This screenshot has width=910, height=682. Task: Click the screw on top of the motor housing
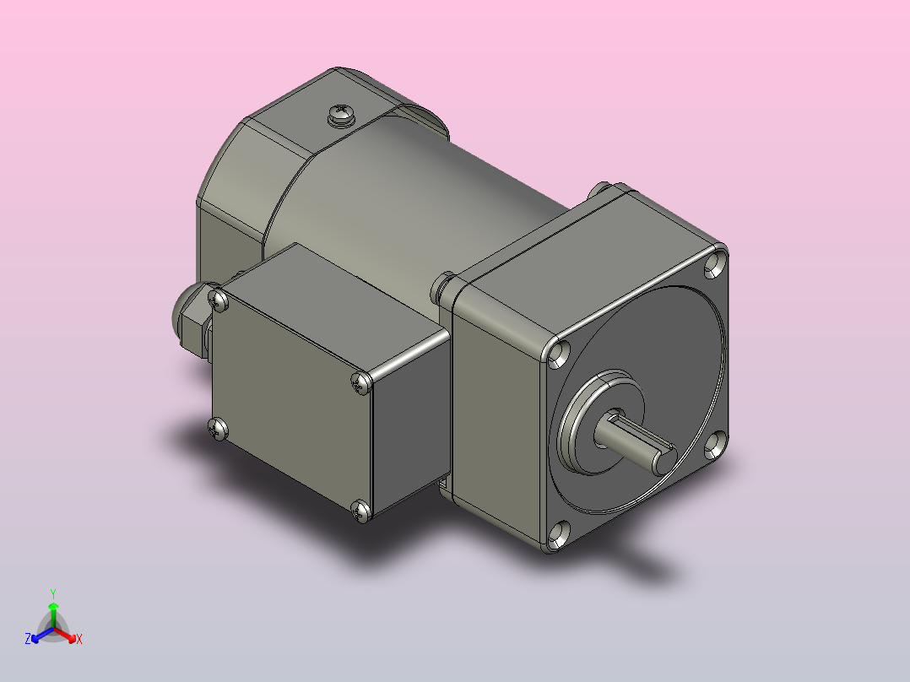click(340, 114)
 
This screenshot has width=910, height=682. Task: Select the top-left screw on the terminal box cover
click(218, 300)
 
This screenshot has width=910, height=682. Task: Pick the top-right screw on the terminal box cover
click(361, 383)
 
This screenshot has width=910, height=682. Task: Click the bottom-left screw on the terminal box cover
click(218, 429)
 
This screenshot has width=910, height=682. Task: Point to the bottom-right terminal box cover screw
click(361, 511)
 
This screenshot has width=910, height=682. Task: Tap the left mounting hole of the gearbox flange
click(560, 354)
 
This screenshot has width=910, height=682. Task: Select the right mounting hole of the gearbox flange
click(716, 446)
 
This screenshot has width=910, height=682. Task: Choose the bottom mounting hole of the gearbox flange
click(560, 536)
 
